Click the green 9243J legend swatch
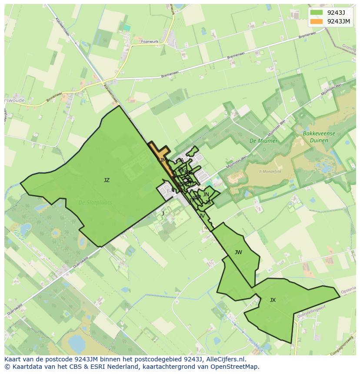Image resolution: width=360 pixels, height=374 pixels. [317, 12]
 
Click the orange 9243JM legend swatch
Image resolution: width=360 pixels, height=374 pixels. [317, 21]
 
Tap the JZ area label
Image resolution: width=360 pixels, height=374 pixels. [107, 180]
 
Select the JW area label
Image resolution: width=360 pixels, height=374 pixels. [238, 252]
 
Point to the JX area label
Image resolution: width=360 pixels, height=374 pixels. [273, 300]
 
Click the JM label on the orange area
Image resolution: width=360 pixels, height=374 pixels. [163, 160]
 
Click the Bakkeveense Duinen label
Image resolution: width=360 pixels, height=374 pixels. [320, 137]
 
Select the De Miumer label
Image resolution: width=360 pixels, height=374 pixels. [260, 141]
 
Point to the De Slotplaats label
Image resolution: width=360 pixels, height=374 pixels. [95, 202]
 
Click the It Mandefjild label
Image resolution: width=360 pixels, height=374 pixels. [270, 172]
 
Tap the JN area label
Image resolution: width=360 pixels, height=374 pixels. [206, 195]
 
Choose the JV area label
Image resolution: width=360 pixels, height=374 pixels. [202, 216]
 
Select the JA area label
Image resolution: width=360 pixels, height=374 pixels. [181, 160]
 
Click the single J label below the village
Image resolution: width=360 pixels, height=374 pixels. [163, 214]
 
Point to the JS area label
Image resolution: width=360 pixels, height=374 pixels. [208, 202]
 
